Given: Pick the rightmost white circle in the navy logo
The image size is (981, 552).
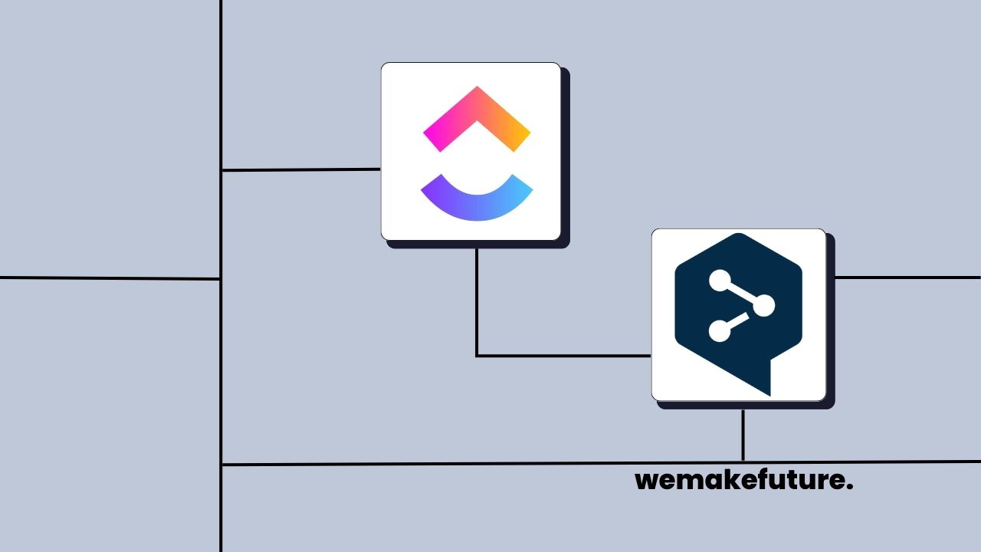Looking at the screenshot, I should [763, 307].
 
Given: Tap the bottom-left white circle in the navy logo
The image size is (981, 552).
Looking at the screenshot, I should [718, 331].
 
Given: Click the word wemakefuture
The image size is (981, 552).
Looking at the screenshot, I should [743, 481].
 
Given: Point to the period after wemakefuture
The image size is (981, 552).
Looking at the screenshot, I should [850, 488].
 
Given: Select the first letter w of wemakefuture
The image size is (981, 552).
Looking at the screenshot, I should [646, 481].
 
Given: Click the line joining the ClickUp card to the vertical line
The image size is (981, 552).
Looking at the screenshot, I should [300, 169].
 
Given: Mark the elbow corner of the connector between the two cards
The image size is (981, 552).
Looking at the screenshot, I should [477, 356].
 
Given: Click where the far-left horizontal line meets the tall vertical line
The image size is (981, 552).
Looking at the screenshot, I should [221, 279].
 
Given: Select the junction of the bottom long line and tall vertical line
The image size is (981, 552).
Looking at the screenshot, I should [221, 465].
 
